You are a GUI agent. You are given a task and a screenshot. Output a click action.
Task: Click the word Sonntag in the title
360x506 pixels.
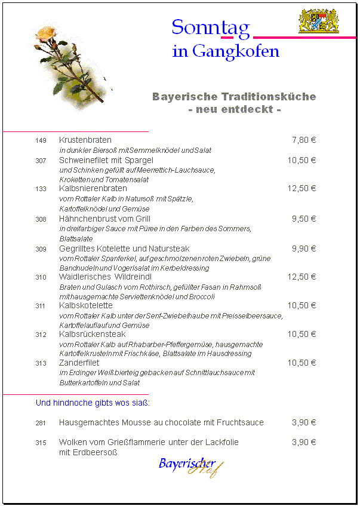210,27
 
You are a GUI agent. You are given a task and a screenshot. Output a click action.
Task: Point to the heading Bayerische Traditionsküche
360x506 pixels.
234,97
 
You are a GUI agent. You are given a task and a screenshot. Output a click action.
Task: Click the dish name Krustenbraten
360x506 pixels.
85,140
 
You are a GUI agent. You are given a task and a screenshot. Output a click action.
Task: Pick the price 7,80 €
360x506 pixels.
303,140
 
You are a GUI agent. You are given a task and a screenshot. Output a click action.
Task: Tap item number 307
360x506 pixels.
41,161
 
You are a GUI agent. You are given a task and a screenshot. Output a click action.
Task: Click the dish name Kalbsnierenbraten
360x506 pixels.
93,188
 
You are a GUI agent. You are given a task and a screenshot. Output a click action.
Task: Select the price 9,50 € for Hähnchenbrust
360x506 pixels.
303,219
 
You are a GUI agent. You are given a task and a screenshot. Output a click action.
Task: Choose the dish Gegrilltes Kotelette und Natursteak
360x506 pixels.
124,249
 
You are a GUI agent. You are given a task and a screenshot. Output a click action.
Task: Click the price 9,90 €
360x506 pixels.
303,249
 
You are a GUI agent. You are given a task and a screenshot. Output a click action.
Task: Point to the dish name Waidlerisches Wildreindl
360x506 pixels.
105,277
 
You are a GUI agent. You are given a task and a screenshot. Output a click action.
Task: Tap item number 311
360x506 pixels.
41,306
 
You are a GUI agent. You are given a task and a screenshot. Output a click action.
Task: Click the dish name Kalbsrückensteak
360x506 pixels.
93,335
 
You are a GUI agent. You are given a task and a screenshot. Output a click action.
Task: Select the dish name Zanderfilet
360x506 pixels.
79,363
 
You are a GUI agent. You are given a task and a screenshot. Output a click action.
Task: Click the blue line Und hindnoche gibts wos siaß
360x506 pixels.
93,403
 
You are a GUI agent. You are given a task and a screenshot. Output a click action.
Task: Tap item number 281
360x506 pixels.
41,423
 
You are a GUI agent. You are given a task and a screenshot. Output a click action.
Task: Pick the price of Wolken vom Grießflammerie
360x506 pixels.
303,443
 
